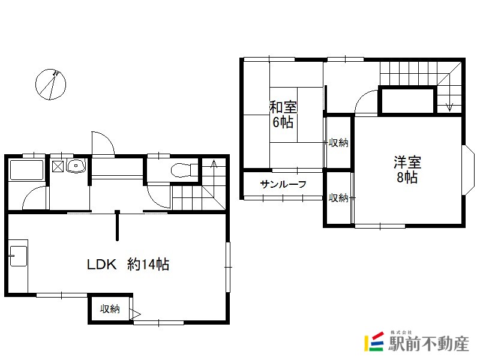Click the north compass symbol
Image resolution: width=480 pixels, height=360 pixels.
pos(51,85)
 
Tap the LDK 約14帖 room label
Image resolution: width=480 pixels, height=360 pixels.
pos(128,265)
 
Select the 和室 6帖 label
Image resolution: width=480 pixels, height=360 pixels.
pos(283,115)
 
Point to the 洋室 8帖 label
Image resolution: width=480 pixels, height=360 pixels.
pos(407,170)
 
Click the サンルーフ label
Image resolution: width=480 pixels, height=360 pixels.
pos(283,184)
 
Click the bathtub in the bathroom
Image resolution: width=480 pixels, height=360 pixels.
pos(26,170)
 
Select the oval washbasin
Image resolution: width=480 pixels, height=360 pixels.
pos(76,167)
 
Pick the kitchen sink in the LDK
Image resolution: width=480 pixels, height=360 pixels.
pos(19,256)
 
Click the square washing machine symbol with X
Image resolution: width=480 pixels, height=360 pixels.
pos(58,166)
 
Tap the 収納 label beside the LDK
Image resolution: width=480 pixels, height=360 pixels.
pos(110,309)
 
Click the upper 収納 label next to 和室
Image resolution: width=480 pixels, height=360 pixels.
pos(338,143)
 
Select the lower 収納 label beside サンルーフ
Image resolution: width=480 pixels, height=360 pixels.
pos(338,198)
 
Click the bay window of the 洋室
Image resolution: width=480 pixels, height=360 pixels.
pos(467,170)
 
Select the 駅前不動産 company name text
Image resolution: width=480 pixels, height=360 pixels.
pos(428,343)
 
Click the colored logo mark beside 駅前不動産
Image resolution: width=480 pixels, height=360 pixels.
pos(374,341)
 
